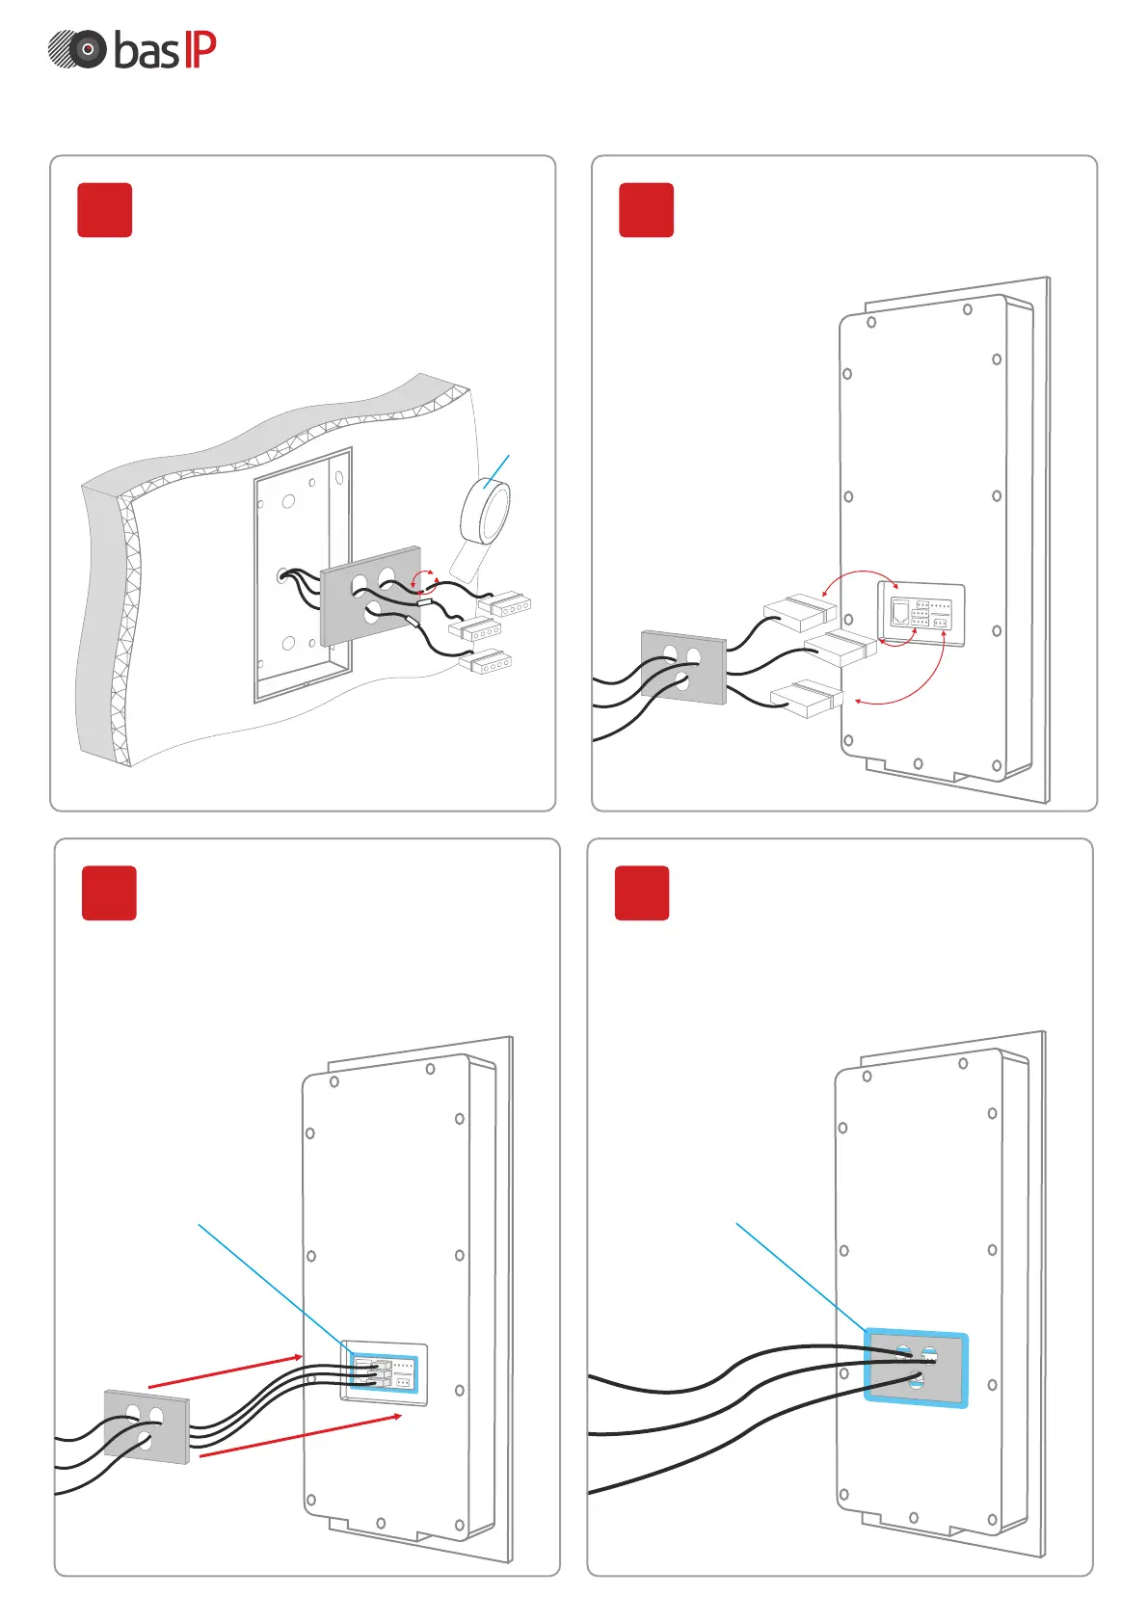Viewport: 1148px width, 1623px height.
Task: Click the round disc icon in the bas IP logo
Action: point(78,49)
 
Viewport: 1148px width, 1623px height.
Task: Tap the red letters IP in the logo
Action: point(200,49)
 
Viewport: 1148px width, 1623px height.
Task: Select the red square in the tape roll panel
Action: point(104,209)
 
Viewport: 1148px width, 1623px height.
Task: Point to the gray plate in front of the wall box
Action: point(371,595)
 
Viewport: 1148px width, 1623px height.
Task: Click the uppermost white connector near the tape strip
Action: point(505,605)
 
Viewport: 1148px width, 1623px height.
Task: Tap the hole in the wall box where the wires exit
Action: point(282,575)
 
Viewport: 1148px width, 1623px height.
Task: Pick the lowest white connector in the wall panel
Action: point(485,662)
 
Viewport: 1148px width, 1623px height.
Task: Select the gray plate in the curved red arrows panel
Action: point(683,667)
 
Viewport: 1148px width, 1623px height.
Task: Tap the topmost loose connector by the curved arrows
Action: point(800,611)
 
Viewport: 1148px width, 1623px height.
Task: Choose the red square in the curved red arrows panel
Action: point(646,209)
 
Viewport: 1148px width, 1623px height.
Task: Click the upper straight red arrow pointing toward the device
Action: point(225,1371)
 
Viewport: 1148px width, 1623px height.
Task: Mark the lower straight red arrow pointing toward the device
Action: point(300,1435)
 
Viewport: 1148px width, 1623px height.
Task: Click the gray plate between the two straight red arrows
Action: point(147,1426)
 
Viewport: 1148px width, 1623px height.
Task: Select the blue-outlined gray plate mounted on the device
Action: point(916,1368)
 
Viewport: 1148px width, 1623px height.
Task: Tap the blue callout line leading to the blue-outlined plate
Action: point(800,1276)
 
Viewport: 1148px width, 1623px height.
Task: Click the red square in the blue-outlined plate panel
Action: point(642,892)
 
